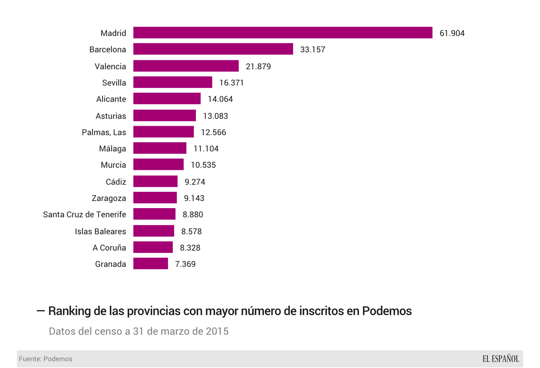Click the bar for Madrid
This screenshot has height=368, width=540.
coord(283,33)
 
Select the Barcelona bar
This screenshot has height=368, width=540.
coord(213,49)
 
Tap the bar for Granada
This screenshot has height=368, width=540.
coord(151,264)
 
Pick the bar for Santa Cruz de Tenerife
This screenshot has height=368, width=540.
coord(154,214)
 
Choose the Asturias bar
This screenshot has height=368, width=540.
coord(165,115)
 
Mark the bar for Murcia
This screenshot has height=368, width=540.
coord(158,165)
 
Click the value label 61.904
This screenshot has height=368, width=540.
coord(452,33)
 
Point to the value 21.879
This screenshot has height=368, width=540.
coord(258,66)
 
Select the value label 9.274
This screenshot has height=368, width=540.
coord(195,182)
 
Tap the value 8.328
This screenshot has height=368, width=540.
coord(190,248)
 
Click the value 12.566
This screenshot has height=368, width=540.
coord(213,132)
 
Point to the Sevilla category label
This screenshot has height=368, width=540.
coord(114,83)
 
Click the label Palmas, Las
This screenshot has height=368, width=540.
coord(104,132)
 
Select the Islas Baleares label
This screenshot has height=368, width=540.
coord(100,231)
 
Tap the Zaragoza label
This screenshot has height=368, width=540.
coord(109,198)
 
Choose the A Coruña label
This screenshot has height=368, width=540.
coord(109,248)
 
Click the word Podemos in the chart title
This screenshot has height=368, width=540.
coord(387,311)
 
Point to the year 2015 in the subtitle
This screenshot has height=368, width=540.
coord(217,331)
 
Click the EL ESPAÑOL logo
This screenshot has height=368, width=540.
coord(500,359)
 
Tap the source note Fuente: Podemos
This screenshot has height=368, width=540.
coord(46,359)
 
